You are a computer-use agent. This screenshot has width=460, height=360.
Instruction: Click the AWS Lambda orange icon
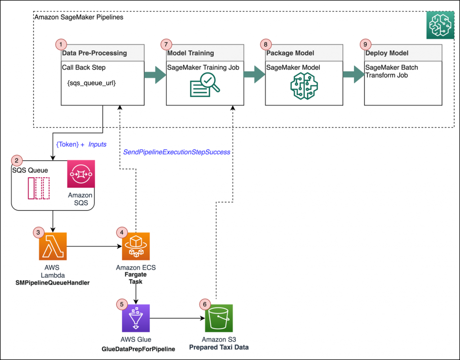pyautogui.click(x=53, y=246)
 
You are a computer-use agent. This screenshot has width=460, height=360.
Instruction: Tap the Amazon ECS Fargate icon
pyautogui.click(x=136, y=246)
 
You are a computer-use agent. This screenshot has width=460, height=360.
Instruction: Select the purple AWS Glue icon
pyautogui.click(x=136, y=318)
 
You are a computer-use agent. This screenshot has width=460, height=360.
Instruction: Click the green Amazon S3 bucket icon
pyautogui.click(x=219, y=318)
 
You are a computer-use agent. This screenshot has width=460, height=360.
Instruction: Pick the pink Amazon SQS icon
pyautogui.click(x=81, y=174)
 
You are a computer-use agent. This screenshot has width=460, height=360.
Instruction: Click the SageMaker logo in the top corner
pyautogui.click(x=440, y=25)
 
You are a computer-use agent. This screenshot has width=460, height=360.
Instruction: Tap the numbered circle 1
pyautogui.click(x=61, y=44)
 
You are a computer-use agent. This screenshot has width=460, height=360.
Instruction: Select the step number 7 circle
pyautogui.click(x=166, y=44)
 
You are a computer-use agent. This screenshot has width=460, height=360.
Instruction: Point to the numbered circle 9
pyautogui.click(x=365, y=44)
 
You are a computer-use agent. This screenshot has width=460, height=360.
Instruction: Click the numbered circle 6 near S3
pyautogui.click(x=205, y=304)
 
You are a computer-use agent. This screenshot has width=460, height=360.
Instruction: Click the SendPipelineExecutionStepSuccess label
pyautogui.click(x=177, y=152)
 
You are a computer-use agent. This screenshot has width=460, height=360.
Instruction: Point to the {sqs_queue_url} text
pyautogui.click(x=92, y=83)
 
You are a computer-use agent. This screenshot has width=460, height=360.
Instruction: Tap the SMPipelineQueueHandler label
pyautogui.click(x=53, y=283)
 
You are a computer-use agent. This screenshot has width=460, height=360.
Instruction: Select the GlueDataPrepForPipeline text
pyautogui.click(x=138, y=349)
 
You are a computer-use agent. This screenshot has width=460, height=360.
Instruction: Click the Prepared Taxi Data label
pyautogui.click(x=219, y=347)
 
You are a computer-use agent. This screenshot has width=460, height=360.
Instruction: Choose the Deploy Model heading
pyautogui.click(x=387, y=53)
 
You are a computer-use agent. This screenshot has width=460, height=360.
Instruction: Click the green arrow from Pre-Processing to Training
pyautogui.click(x=155, y=75)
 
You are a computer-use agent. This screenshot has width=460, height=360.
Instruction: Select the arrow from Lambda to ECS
pyautogui.click(x=94, y=246)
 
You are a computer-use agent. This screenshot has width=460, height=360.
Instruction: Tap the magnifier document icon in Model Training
pyautogui.click(x=205, y=85)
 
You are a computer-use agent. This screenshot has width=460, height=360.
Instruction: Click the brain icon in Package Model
pyautogui.click(x=304, y=86)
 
